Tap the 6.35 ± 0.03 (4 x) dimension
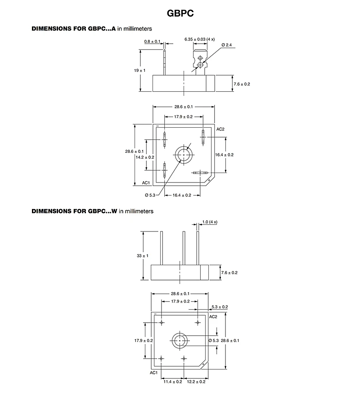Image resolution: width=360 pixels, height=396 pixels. point(199,40)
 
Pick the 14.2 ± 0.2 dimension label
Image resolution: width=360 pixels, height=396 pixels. point(144,157)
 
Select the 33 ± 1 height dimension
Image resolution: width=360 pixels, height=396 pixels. point(142,256)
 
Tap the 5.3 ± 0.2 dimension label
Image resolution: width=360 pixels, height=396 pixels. point(220,307)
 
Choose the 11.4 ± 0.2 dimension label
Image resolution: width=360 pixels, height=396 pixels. point(173,382)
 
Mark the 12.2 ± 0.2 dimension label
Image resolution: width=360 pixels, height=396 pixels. point(196,382)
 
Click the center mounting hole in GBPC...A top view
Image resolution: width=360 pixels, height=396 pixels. point(184,155)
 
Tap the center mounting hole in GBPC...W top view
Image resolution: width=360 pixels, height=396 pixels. point(180,341)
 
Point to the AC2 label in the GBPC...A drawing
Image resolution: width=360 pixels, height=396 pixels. point(220,129)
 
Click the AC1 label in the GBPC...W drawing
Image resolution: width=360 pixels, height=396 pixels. point(153,373)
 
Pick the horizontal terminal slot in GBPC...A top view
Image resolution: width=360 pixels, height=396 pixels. point(199,173)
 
